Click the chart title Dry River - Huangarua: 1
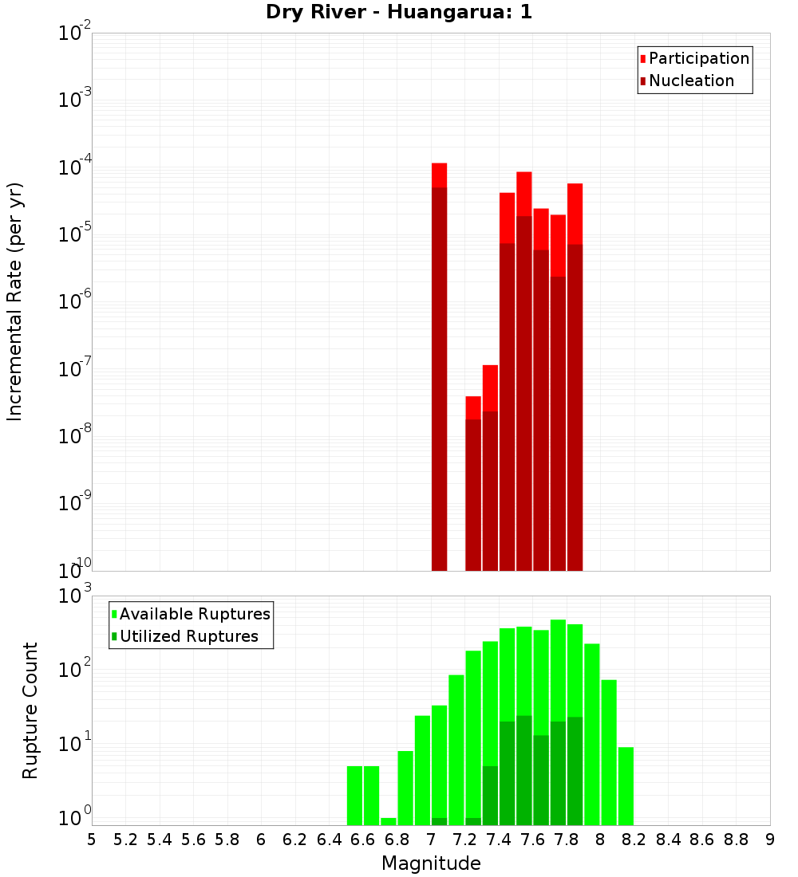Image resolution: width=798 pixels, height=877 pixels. pyautogui.click(x=398, y=13)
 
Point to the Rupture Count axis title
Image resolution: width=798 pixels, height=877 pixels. pyautogui.click(x=30, y=710)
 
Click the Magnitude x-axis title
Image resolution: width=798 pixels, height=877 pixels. pyautogui.click(x=431, y=863)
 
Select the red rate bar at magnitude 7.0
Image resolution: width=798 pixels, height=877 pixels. pyautogui.click(x=439, y=367)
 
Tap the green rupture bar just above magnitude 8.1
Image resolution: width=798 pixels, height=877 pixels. pyautogui.click(x=626, y=786)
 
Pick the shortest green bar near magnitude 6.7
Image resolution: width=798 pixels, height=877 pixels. pyautogui.click(x=389, y=821)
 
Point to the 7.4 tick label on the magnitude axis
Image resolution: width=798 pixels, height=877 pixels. pyautogui.click(x=499, y=840)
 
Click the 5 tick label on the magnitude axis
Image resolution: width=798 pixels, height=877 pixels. pyautogui.click(x=92, y=840)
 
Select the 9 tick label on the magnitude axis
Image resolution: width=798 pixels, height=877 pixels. pyautogui.click(x=770, y=840)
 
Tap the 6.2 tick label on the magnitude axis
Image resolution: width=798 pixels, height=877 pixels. pyautogui.click(x=295, y=840)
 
